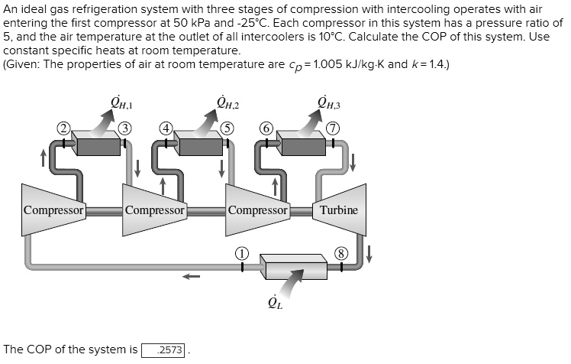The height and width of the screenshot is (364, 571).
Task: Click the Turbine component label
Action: click(338, 210)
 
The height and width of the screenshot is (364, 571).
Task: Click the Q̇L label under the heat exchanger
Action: click(276, 307)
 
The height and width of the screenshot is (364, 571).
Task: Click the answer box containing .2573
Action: click(163, 349)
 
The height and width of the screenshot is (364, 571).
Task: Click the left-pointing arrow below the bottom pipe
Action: click(191, 277)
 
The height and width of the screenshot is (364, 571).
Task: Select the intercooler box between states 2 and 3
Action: click(97, 142)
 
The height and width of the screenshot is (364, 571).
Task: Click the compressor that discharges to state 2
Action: click(53, 210)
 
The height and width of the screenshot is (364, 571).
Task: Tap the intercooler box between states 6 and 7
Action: click(301, 142)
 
